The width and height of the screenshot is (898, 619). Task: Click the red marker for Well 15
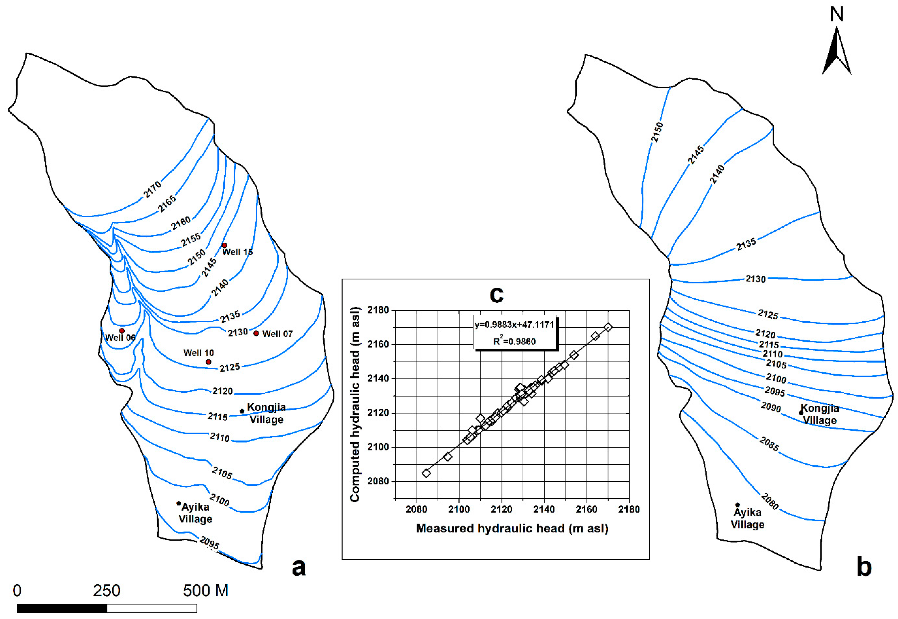point(224,245)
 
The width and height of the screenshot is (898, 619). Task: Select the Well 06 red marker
point(122,331)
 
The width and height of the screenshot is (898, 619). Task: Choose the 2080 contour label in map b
point(770,501)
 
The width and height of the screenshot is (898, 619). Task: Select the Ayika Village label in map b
point(748,518)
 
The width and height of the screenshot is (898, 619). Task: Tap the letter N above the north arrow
point(837,14)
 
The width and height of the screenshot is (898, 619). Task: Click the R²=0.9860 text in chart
point(514,341)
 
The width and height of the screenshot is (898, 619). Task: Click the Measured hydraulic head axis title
point(512,528)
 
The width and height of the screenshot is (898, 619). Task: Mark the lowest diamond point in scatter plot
point(426,473)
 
